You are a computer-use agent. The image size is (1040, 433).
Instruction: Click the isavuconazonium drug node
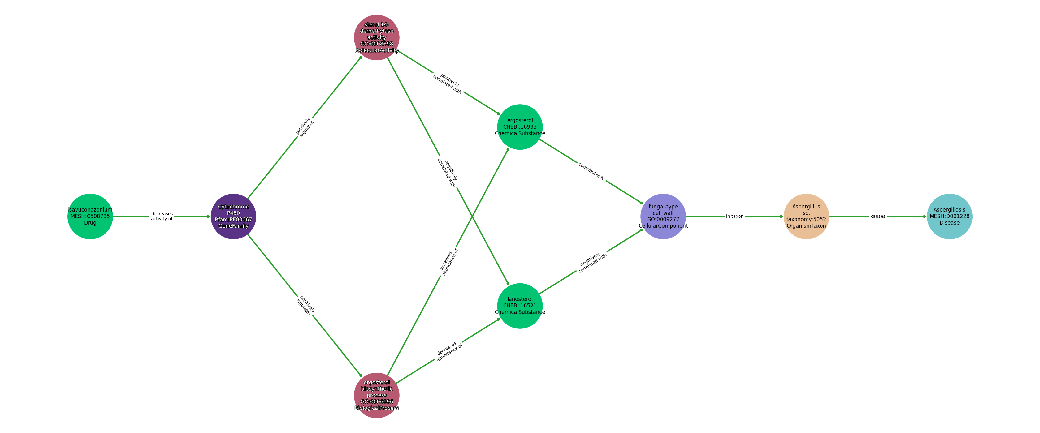90,216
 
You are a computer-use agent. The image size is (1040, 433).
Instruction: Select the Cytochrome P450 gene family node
233,216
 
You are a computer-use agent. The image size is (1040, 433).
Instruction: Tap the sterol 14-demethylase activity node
377,37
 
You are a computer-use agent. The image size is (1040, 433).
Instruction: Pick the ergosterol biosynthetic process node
377,395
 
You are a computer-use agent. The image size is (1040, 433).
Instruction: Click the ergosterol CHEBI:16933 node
520,127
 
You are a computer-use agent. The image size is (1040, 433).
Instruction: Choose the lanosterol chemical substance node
520,306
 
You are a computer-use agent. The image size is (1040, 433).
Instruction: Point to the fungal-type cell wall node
663,216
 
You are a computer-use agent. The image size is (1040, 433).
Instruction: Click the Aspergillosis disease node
949,216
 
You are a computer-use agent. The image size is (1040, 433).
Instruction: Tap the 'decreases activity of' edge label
162,216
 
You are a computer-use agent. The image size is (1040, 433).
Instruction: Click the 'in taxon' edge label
734,216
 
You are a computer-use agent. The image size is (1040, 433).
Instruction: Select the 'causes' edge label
878,216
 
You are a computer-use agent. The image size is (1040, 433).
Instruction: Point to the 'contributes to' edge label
591,172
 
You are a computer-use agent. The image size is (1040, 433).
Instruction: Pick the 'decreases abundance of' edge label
448,351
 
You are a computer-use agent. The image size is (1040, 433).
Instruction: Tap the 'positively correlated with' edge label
448,83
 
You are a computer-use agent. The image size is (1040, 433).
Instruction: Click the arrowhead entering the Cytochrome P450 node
208,216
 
